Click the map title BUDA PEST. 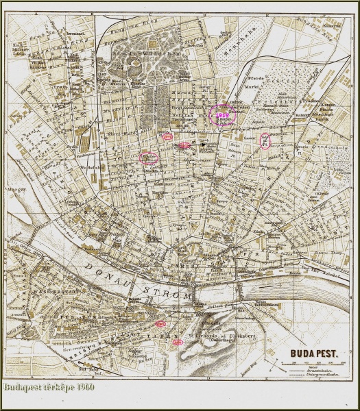click(313, 353)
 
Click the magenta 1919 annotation click(223, 115)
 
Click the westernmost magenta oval click(149, 158)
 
